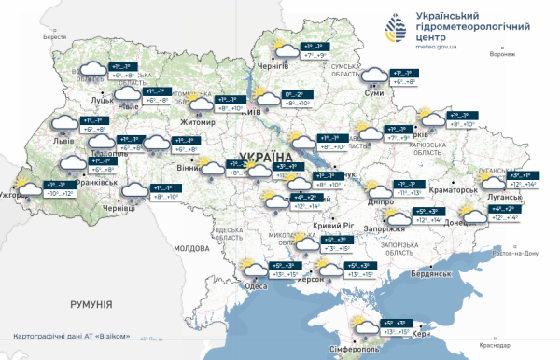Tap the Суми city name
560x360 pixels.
coord(373,93)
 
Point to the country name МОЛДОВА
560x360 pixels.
coord(194,249)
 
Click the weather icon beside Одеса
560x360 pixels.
coord(252,270)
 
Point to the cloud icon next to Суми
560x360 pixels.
coord(376,76)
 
